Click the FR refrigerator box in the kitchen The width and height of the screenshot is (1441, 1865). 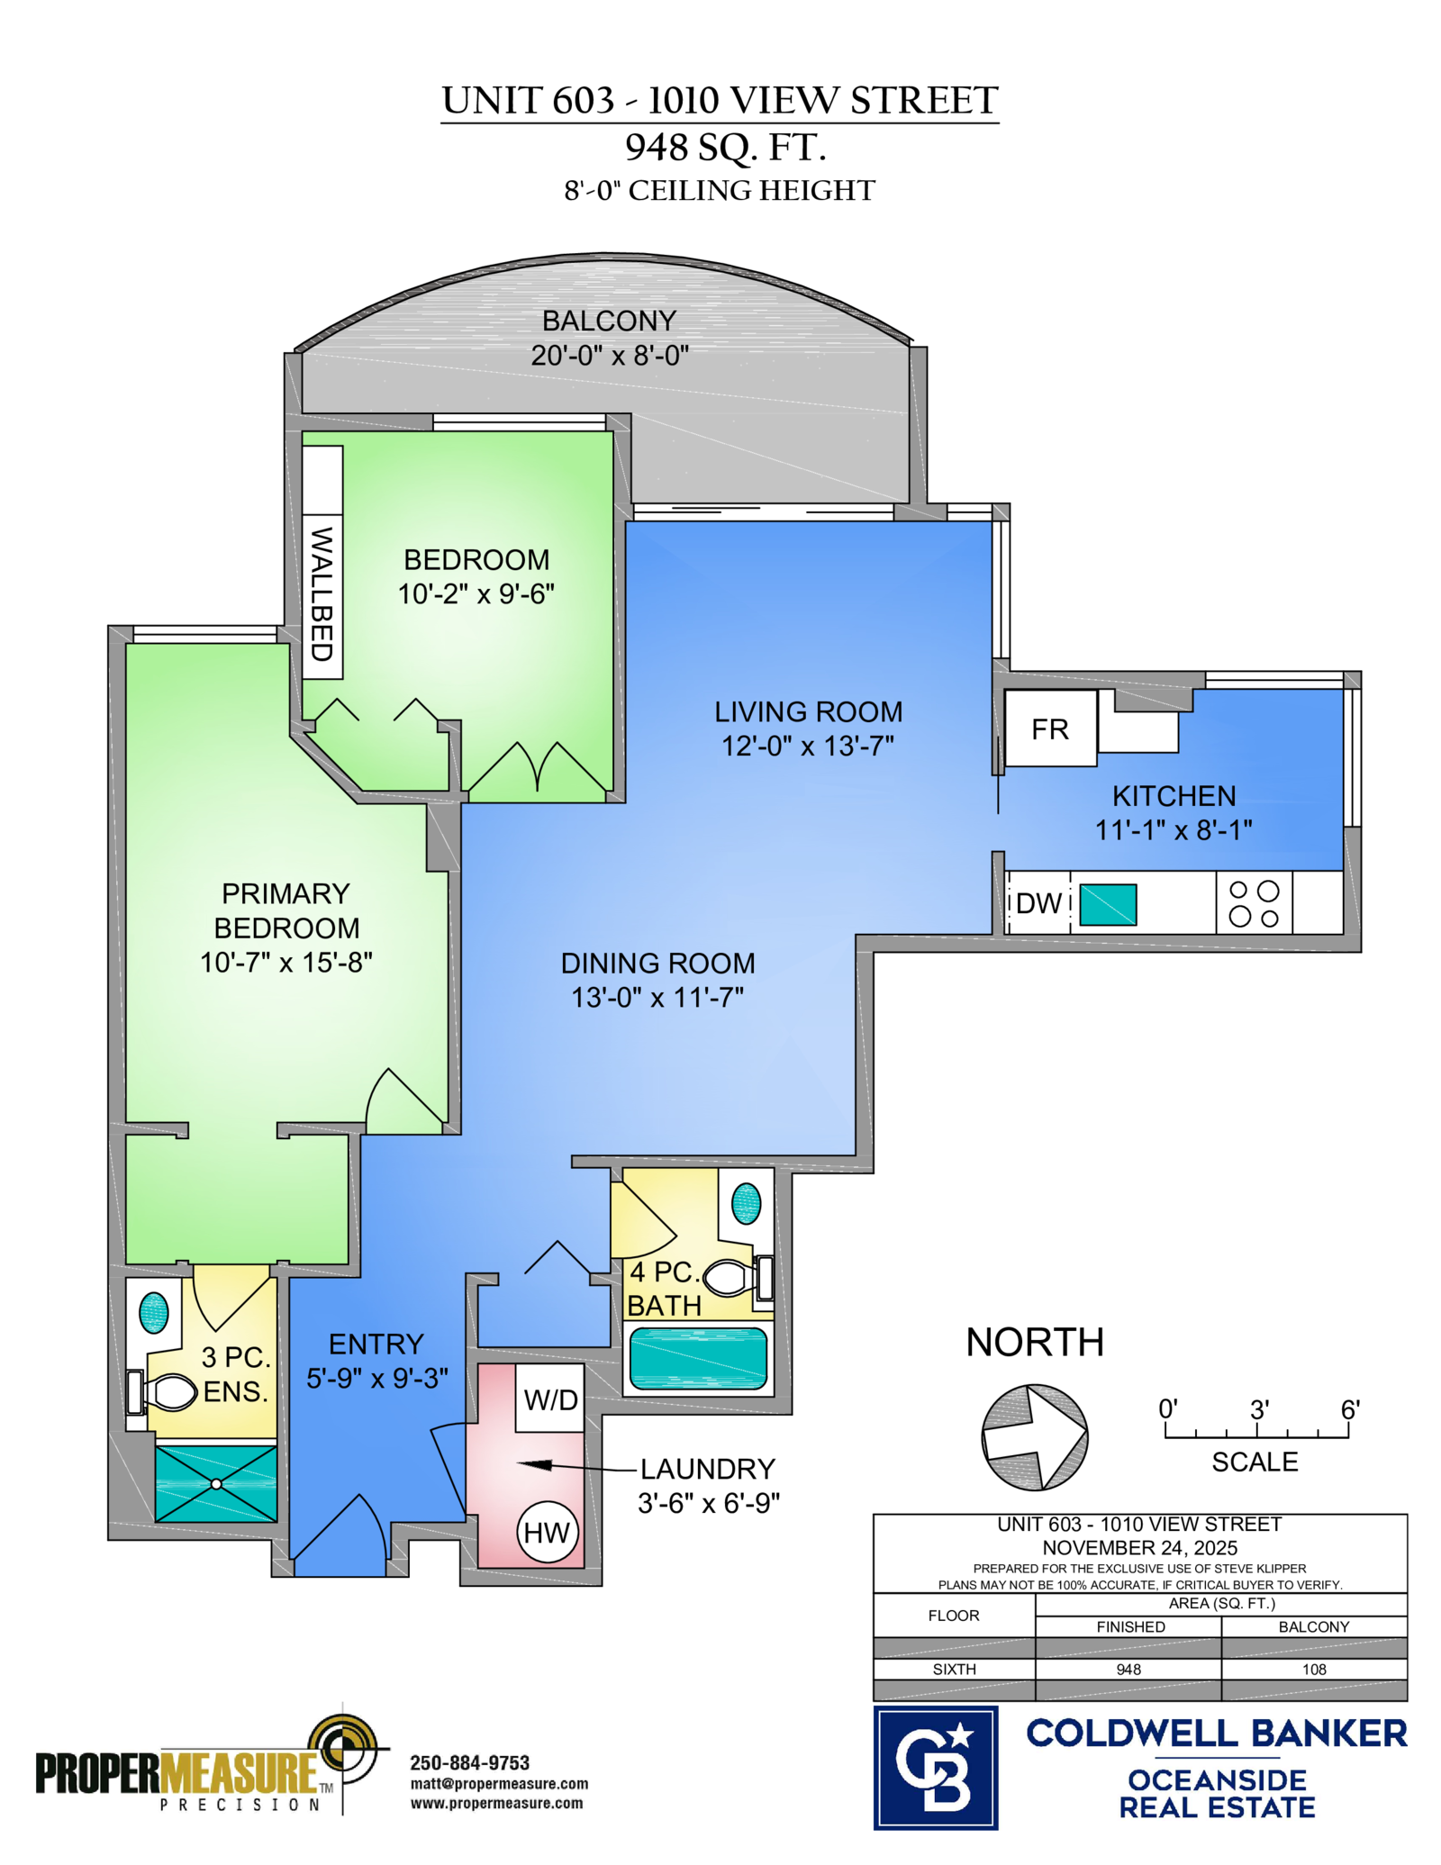coord(1050,728)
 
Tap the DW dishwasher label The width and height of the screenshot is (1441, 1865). coord(1039,902)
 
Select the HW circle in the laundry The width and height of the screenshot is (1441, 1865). coord(547,1532)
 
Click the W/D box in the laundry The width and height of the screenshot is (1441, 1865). coord(549,1399)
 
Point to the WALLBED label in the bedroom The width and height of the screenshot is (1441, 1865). coord(322,593)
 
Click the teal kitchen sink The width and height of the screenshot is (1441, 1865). coord(1108,904)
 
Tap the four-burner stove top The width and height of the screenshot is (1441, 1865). coord(1254,902)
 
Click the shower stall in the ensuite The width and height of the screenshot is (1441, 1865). coord(216,1484)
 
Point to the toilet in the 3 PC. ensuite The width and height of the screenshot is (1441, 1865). coord(163,1392)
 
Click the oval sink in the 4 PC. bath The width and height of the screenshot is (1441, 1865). coord(746,1203)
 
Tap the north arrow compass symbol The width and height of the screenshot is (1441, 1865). coord(1035,1437)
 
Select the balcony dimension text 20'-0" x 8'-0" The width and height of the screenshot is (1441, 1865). coord(610,355)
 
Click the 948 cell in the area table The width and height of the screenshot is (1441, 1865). coord(1128,1669)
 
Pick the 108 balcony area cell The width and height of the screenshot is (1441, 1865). coord(1314,1669)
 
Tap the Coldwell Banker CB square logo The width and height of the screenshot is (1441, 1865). coord(936,1767)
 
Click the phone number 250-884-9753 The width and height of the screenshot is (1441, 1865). coord(470,1762)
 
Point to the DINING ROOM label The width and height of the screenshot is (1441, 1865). coord(658,963)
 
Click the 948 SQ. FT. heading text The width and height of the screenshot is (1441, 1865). coord(726,147)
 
